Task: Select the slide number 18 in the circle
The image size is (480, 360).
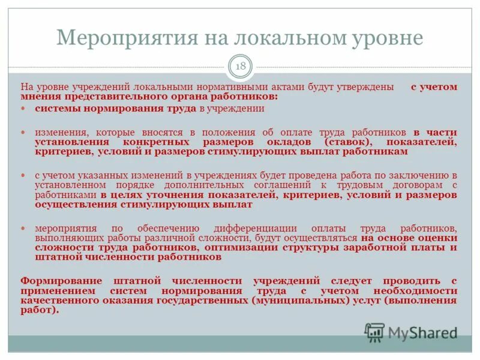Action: (x=240, y=67)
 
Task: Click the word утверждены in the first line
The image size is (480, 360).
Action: (x=367, y=87)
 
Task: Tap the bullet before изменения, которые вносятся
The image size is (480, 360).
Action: (x=24, y=131)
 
